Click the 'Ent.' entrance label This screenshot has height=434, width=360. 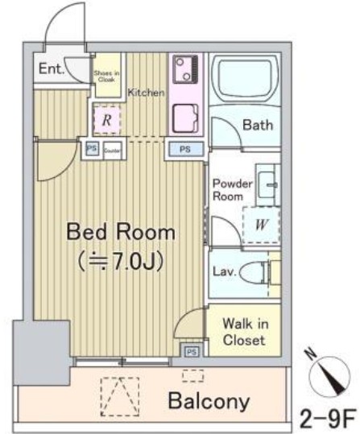51,69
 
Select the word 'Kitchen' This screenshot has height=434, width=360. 146,93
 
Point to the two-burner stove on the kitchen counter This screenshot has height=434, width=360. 184,70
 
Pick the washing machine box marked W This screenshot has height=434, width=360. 261,225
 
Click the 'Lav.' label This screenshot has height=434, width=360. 225,271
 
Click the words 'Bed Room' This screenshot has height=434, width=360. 121,233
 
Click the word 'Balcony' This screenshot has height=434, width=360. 209,401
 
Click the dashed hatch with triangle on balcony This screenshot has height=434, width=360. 119,397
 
